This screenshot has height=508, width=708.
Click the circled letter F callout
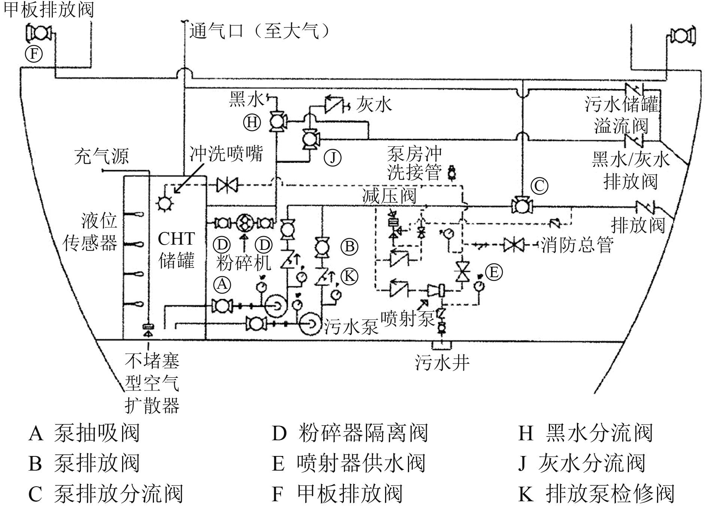(34, 55)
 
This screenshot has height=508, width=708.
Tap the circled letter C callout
(540, 186)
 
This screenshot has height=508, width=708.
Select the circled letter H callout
(252, 122)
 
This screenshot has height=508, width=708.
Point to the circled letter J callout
(333, 158)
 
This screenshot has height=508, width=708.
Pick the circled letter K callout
(350, 276)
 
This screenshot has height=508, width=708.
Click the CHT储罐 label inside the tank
(176, 250)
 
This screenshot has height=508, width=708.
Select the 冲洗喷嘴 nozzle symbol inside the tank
(164, 203)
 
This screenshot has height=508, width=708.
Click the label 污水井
(442, 362)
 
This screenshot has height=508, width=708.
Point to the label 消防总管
(577, 245)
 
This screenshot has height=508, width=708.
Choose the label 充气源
(102, 156)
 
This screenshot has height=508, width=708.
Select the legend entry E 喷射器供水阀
(348, 463)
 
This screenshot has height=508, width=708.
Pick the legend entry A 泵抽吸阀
(84, 433)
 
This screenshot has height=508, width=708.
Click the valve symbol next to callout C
(523, 206)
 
